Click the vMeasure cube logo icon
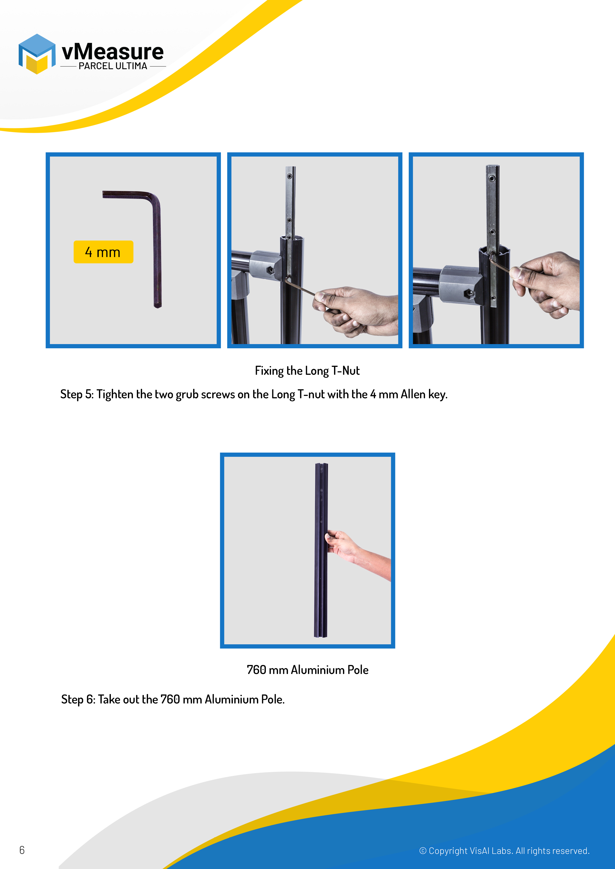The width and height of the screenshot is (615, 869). [37, 54]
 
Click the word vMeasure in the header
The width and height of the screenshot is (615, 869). [113, 52]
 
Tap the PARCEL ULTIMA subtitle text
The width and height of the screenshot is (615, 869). [113, 66]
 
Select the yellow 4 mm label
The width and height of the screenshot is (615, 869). [103, 252]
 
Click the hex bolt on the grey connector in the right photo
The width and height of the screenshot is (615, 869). [469, 294]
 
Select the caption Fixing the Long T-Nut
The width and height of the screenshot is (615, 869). [307, 371]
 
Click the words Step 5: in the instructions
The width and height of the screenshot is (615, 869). [77, 394]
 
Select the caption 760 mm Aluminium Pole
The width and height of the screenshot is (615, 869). [307, 670]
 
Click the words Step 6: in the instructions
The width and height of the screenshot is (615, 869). [78, 700]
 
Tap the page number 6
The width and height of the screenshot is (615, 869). [22, 850]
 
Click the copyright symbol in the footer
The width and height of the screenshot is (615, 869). [423, 851]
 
